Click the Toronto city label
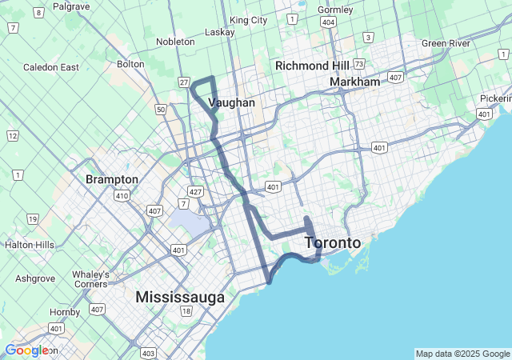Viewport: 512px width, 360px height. click(x=333, y=242)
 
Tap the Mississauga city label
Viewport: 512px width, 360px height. click(x=180, y=297)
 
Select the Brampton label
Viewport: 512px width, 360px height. click(x=112, y=179)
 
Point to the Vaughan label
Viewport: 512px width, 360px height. click(x=231, y=102)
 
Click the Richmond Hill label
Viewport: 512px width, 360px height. click(x=313, y=66)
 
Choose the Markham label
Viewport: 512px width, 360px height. click(x=354, y=82)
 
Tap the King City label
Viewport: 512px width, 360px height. click(x=248, y=19)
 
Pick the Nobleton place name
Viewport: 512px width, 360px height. click(x=175, y=42)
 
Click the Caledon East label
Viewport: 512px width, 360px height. click(x=51, y=67)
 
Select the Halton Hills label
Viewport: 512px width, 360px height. click(x=30, y=244)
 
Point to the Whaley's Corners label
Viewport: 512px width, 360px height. click(x=90, y=278)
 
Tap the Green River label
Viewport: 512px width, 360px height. click(x=446, y=42)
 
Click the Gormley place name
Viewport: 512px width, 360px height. click(x=335, y=10)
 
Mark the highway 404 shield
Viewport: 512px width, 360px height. click(x=328, y=22)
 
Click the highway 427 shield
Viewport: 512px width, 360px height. click(x=194, y=192)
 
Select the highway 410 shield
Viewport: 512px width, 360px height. click(x=122, y=194)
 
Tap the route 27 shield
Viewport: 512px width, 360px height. click(x=184, y=82)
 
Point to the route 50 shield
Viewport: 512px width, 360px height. click(x=161, y=109)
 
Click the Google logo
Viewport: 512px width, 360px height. click(x=26, y=350)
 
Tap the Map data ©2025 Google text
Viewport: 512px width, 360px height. click(x=462, y=354)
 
